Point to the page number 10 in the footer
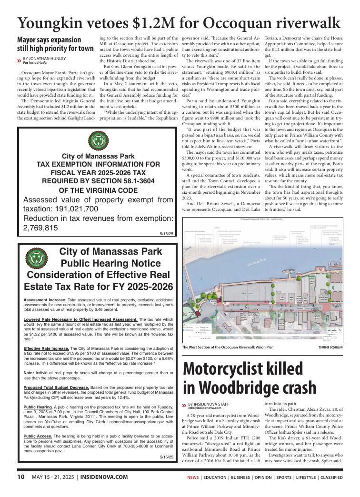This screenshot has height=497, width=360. (x=21, y=477)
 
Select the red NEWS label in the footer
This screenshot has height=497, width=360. (x=193, y=477)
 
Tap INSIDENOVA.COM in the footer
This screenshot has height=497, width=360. (x=104, y=477)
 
